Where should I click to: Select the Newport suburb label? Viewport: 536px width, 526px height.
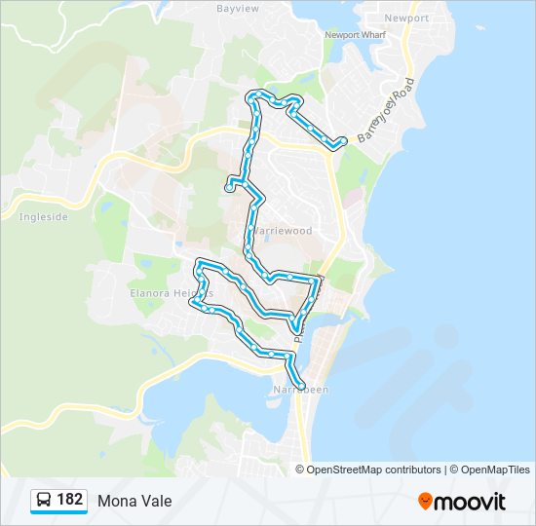point(406,19)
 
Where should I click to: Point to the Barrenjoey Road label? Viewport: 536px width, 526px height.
point(386,110)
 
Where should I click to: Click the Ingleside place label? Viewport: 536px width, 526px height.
point(44,217)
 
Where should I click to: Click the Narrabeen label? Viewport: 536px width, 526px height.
point(301,390)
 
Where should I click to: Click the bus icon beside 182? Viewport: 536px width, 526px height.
point(44,501)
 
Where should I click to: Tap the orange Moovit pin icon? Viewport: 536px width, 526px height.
point(426,502)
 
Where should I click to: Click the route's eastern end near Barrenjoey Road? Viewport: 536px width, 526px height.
point(341,142)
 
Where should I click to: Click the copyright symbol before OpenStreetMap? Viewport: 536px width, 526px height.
point(301,470)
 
